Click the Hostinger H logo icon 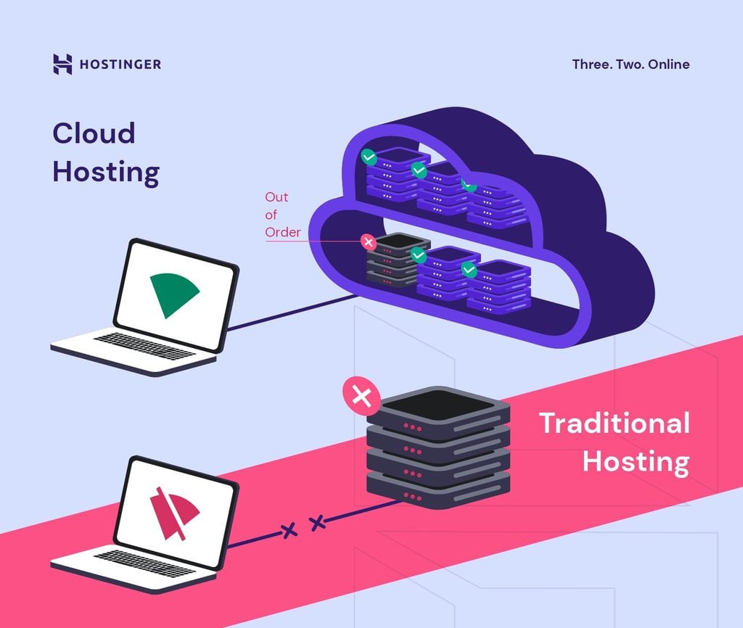[63, 64]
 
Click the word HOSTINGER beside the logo [120, 65]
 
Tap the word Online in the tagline [669, 64]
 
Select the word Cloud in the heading [94, 133]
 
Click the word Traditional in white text [614, 423]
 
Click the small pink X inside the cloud [369, 241]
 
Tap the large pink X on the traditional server [361, 396]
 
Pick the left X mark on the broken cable [290, 531]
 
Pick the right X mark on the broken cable [317, 522]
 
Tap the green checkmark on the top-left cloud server [369, 156]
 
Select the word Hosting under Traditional [636, 461]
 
